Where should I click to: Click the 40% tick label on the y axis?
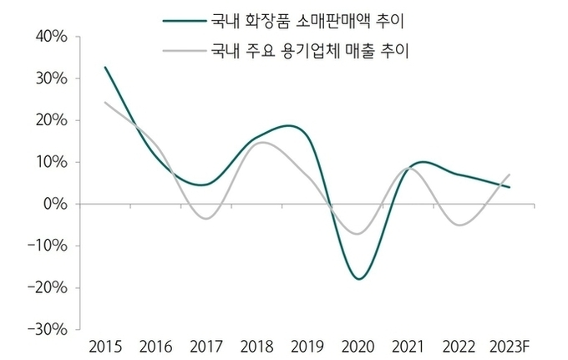point(53,37)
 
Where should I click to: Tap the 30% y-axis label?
point(53,79)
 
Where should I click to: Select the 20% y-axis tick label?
point(53,120)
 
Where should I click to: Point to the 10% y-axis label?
point(53,162)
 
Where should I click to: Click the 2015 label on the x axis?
point(104,345)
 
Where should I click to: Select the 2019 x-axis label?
point(307,345)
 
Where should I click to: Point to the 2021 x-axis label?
point(408,345)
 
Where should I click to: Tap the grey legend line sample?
point(182,50)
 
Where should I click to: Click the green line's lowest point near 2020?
point(359,278)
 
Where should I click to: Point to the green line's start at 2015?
point(105,68)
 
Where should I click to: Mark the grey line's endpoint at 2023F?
point(510,175)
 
